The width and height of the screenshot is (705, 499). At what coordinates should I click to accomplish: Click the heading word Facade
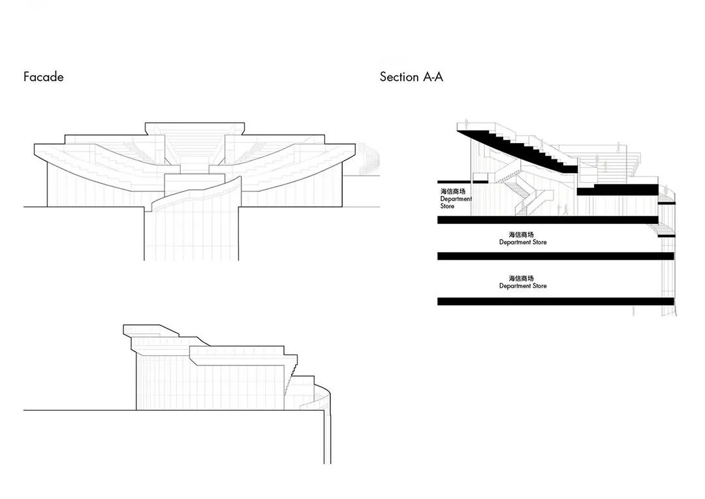coord(43,77)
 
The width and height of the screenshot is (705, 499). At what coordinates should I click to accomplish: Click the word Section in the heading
coord(399,77)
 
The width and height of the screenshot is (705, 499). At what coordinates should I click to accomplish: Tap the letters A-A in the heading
coord(433,77)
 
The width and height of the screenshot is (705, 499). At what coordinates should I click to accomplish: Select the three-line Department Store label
coord(456,199)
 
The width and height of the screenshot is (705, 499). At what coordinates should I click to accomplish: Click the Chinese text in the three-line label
coord(453,191)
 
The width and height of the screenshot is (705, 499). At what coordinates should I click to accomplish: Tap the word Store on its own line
coord(447,206)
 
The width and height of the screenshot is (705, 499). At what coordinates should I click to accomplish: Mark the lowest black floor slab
coord(556,302)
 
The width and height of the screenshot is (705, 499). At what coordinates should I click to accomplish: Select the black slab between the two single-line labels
coord(556,256)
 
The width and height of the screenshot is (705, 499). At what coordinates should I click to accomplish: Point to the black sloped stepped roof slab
coord(517,150)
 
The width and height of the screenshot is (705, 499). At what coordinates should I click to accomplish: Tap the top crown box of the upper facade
coord(195,128)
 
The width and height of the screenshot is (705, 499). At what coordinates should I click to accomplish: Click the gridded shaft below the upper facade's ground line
coord(191,234)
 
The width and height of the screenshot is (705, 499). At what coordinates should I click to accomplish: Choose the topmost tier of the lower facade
coord(151,330)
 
